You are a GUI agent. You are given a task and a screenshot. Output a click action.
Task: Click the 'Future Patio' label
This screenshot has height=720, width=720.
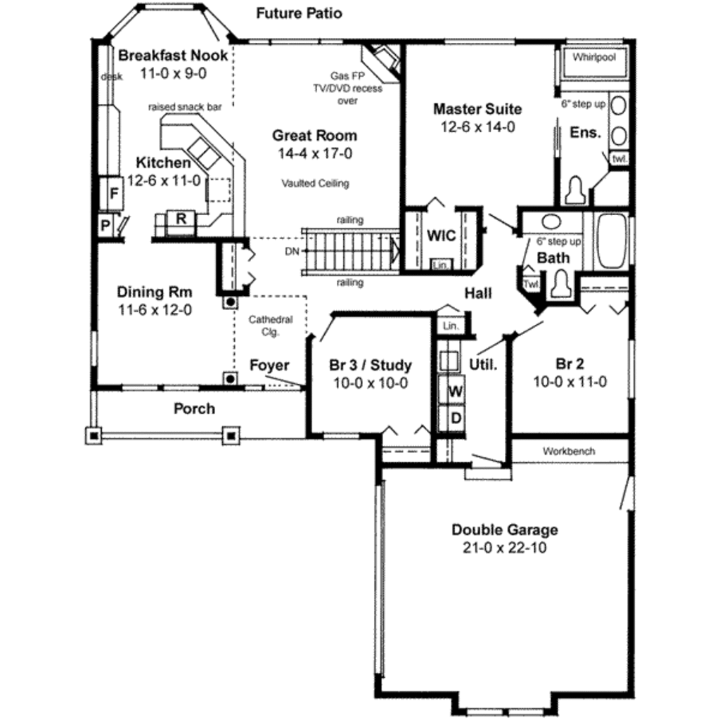coord(299,13)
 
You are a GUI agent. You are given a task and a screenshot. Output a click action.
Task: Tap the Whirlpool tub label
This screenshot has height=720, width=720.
coord(594,57)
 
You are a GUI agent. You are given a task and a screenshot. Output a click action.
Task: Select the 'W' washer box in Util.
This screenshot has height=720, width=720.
coord(455,390)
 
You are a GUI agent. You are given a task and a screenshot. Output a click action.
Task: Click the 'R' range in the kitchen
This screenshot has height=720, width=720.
coord(181,218)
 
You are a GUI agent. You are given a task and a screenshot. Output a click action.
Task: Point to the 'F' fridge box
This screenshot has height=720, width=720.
coord(111,192)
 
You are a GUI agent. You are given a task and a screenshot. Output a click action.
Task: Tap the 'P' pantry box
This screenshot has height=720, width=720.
coord(105,226)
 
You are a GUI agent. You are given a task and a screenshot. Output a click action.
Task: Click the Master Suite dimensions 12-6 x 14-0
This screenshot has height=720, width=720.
coord(477,127)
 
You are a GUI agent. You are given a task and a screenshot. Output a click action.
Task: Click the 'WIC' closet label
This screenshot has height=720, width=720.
coord(441,236)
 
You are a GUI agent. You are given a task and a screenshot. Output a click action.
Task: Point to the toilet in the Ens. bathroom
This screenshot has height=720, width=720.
coord(576,191)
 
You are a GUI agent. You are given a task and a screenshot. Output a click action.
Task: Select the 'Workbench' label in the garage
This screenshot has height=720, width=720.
coord(569,451)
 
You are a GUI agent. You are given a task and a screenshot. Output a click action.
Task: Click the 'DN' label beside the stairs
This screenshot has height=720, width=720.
coord(292,251)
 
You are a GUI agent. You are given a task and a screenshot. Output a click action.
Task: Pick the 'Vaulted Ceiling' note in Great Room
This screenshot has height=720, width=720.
coord(315,183)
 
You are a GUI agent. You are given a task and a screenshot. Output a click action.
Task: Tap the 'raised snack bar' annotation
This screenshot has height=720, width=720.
coord(185,107)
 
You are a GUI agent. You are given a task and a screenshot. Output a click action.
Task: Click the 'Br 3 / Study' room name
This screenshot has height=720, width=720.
coord(371,365)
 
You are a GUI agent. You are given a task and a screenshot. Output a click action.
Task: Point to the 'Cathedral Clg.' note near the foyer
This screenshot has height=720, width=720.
coord(270,326)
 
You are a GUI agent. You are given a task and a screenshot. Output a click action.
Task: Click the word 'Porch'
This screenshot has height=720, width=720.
coord(194,409)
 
